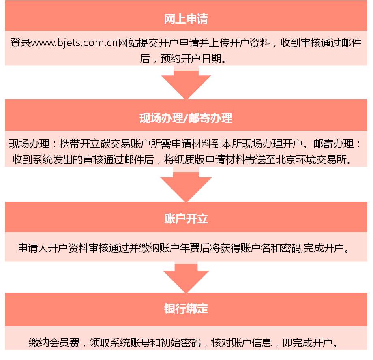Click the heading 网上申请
(186, 19)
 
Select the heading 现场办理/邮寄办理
(186, 118)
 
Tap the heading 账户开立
(186, 219)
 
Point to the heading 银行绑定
(186, 309)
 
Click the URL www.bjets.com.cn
(75, 43)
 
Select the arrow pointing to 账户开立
(186, 184)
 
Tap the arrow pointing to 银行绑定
(186, 278)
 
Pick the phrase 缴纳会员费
(54, 343)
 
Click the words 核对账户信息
(242, 343)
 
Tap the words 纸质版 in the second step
(189, 160)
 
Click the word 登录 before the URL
(21, 43)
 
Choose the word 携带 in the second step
(70, 144)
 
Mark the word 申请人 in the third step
(33, 248)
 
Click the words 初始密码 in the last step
(181, 343)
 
